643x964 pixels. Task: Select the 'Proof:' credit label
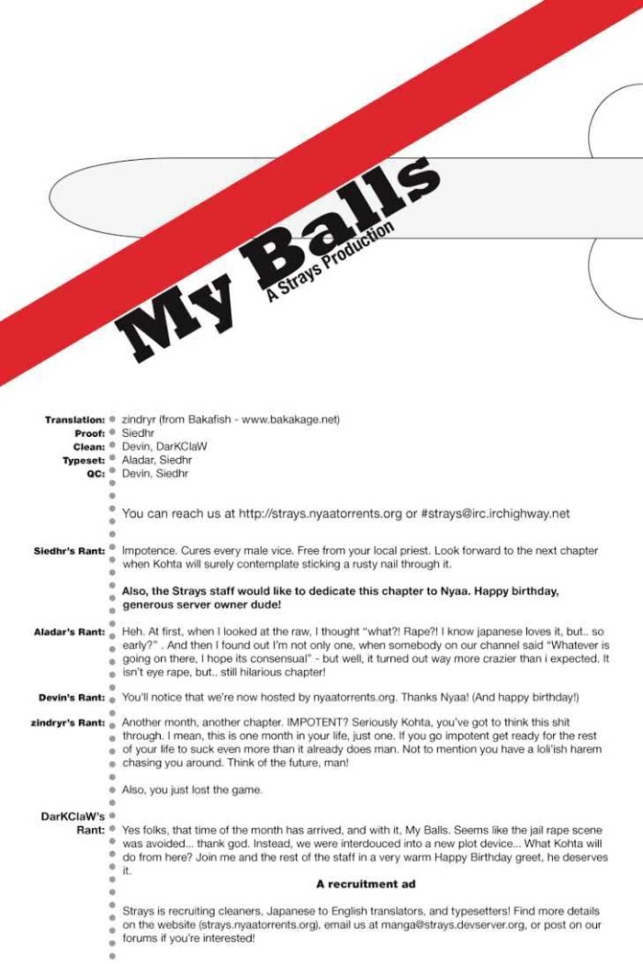point(89,433)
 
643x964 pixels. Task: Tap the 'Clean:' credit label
point(88,447)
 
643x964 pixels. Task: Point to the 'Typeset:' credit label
point(84,460)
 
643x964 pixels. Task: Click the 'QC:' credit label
point(95,474)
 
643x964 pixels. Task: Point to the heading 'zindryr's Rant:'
point(67,723)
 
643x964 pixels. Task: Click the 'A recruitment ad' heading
point(366,884)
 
